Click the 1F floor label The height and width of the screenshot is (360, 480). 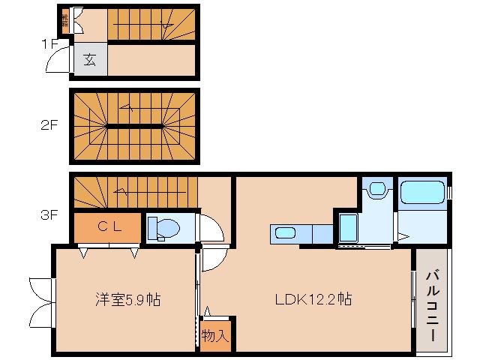49,43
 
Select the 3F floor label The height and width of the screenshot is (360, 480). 49,215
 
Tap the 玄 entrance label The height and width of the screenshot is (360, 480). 90,60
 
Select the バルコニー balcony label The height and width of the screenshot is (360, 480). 433,305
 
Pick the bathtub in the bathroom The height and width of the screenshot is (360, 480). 422,193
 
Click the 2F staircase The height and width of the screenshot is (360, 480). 135,126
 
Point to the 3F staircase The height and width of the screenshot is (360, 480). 135,193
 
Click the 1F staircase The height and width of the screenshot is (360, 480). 150,25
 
